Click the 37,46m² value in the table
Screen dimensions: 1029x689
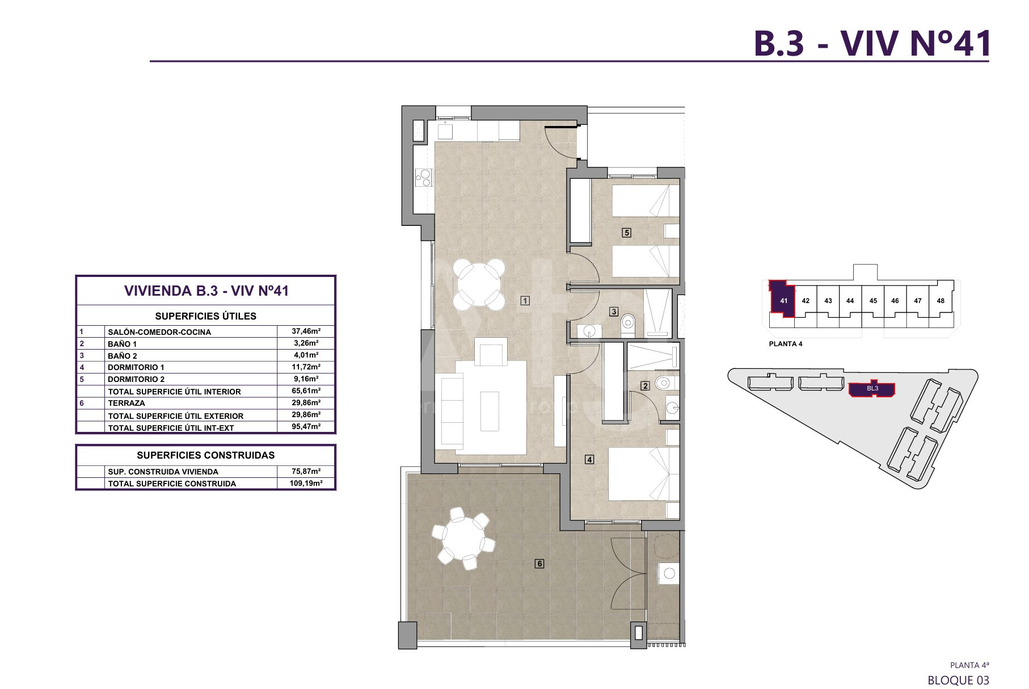click(x=306, y=331)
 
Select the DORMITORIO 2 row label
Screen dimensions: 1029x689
click(x=136, y=379)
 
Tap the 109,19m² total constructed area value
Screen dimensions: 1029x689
click(x=306, y=483)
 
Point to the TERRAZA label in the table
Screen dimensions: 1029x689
click(x=126, y=403)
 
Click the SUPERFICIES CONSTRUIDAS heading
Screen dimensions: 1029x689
click(x=205, y=455)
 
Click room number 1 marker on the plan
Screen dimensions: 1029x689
click(x=525, y=301)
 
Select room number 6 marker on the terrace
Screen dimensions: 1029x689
click(x=539, y=564)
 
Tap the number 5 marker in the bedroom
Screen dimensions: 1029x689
click(x=626, y=232)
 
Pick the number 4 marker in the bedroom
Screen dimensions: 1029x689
click(x=589, y=460)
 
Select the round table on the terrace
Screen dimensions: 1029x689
click(x=463, y=539)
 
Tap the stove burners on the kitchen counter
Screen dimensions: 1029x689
click(x=423, y=178)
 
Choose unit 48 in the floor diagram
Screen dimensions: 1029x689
click(x=941, y=301)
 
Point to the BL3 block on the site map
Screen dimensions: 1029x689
click(x=872, y=389)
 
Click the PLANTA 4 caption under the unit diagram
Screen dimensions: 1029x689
click(x=786, y=344)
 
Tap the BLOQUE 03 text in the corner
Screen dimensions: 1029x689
click(x=958, y=679)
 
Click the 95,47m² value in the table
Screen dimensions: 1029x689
click(x=306, y=426)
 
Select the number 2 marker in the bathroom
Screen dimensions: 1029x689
click(x=645, y=386)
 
